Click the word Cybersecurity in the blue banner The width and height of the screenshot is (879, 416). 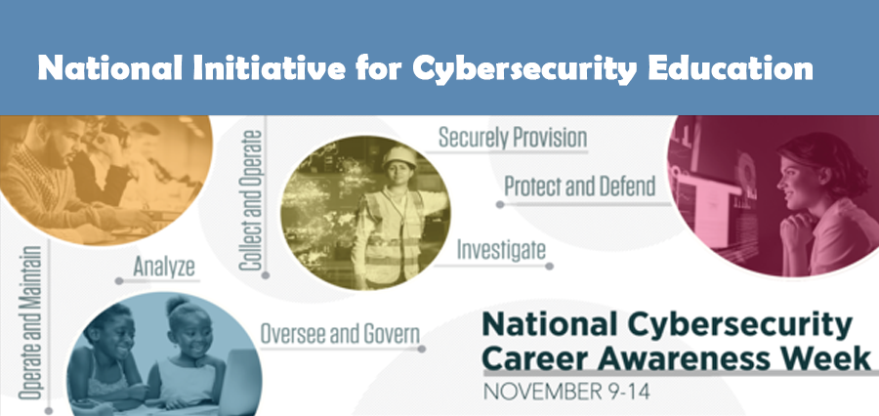524,70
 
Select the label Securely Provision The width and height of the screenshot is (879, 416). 513,138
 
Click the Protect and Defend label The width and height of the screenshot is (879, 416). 579,187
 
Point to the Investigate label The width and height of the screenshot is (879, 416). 501,250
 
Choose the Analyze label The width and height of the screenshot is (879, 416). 164,268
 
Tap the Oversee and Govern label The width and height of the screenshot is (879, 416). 340,334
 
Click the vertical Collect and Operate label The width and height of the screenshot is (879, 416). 251,200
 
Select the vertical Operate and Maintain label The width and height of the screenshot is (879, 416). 30,323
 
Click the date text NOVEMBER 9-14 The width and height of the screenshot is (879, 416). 566,392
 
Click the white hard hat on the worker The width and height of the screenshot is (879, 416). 399,156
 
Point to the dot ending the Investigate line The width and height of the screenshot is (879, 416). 549,266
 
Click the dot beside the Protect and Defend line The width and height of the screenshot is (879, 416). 500,205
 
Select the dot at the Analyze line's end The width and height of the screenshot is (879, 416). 119,281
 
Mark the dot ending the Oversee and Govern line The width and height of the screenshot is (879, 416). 422,349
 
